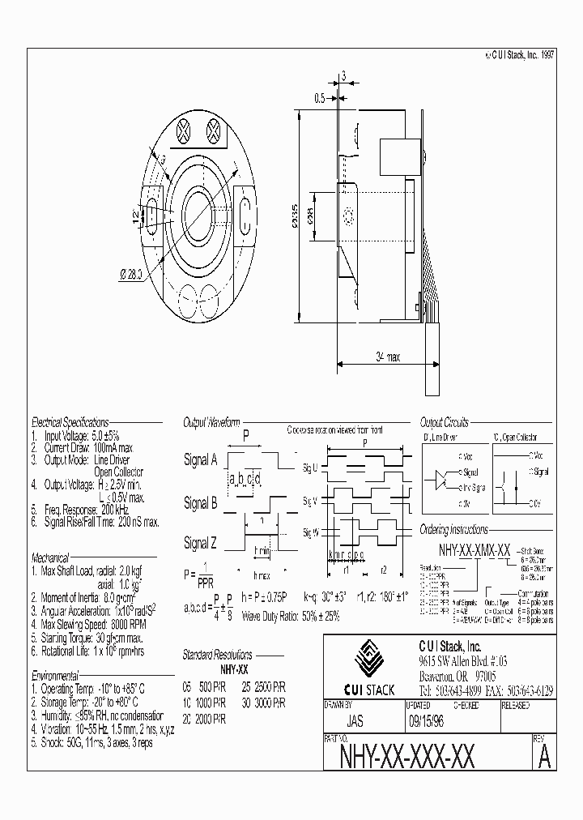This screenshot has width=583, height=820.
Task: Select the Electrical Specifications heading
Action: tap(70, 422)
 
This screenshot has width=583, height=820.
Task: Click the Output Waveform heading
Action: tap(212, 422)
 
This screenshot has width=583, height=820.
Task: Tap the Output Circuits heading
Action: tap(444, 422)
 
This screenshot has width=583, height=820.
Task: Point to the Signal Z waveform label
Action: tap(200, 542)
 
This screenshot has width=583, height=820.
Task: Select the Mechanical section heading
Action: tap(51, 558)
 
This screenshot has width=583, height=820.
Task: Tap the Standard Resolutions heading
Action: tap(217, 655)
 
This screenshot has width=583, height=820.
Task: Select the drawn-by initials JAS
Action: tap(354, 719)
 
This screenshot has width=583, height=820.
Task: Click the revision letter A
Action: tap(544, 756)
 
